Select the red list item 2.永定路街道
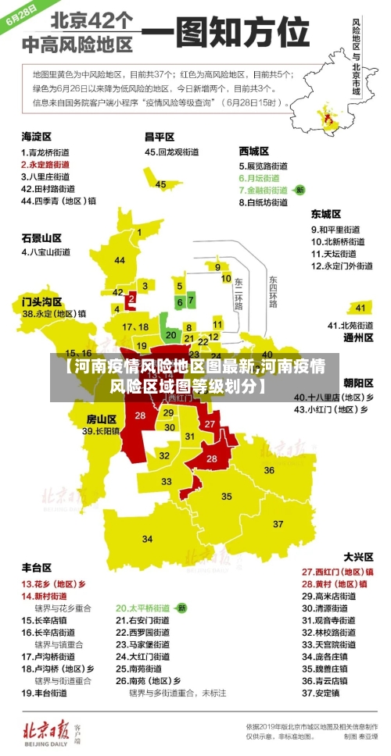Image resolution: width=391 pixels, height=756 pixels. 45,165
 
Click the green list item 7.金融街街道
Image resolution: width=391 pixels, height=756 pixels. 266,190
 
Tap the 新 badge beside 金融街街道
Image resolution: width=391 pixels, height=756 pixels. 299,190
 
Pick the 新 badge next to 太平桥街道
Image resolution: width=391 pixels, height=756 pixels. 181,607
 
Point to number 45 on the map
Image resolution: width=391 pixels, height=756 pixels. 160,184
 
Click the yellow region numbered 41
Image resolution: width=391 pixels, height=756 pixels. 360,307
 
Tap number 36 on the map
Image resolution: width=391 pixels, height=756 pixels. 268,470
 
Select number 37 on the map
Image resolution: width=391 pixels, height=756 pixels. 278,522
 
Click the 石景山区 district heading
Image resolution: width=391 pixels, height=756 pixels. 41,237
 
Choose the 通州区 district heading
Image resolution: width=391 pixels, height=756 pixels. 358,338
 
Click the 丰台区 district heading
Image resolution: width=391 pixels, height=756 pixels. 37,567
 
